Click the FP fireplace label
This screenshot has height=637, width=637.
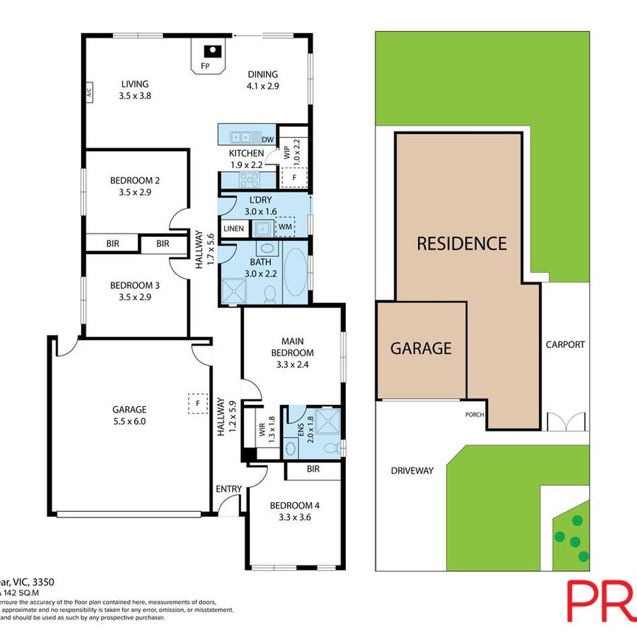click(x=204, y=66)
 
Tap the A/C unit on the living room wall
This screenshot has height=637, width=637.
click(x=88, y=94)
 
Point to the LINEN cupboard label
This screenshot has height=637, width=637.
click(x=234, y=229)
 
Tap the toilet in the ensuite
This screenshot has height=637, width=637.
click(x=333, y=447)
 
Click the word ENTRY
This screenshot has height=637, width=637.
click(x=227, y=489)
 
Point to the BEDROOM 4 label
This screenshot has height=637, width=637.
click(x=294, y=506)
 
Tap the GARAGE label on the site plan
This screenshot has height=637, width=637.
click(x=420, y=348)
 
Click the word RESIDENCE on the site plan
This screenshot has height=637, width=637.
click(x=462, y=243)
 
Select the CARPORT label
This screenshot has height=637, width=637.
click(x=565, y=344)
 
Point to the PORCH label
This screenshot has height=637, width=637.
click(x=474, y=414)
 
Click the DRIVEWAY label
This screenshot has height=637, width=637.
click(x=413, y=470)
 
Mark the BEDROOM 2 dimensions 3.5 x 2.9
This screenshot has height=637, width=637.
click(x=135, y=192)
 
